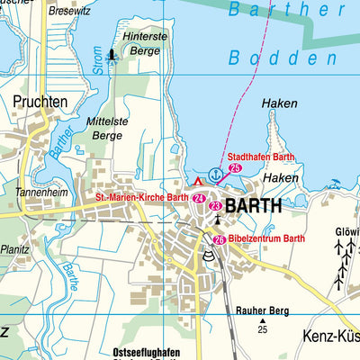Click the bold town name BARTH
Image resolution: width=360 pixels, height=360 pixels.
[x=252, y=205]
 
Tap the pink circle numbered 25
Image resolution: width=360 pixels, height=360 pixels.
[x=236, y=167]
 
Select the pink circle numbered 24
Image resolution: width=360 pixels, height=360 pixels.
[x=199, y=198]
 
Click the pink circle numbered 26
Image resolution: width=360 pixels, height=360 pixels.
[x=220, y=239]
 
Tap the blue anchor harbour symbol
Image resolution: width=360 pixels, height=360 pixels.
[x=214, y=174]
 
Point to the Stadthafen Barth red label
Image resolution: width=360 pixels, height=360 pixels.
[x=260, y=156]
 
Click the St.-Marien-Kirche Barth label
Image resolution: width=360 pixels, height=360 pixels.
[x=142, y=198]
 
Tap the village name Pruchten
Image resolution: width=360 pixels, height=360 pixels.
[x=40, y=103]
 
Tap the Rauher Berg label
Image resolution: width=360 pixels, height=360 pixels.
[x=263, y=310]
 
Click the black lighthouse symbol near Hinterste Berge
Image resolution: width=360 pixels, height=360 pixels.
[x=112, y=56]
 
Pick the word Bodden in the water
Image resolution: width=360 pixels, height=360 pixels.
[x=262, y=58]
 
